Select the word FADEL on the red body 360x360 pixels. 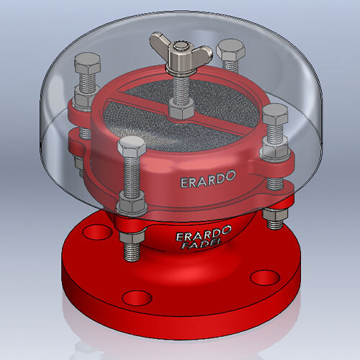point(202,246)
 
